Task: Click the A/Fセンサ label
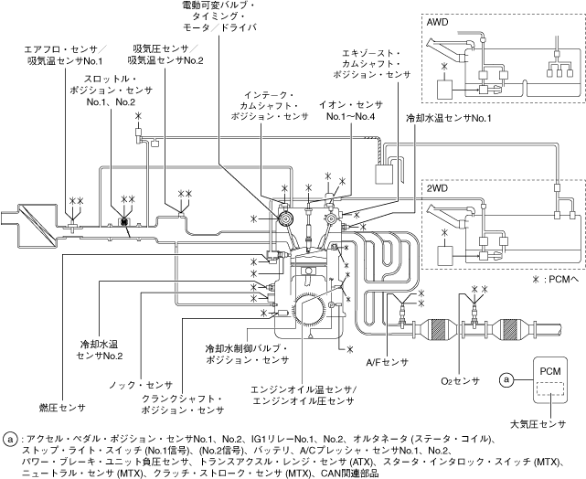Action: pyautogui.click(x=386, y=362)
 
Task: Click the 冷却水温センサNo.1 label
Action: pyautogui.click(x=449, y=118)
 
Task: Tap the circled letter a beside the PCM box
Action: pyautogui.click(x=506, y=378)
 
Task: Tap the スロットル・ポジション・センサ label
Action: pyautogui.click(x=110, y=92)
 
